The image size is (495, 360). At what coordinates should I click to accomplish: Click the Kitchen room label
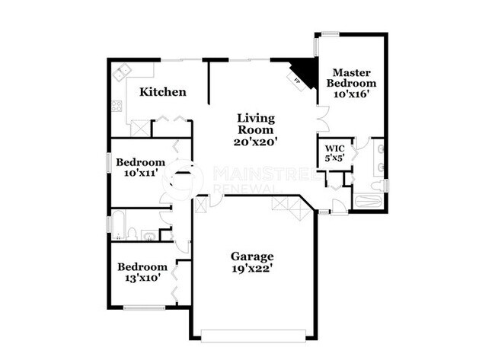tap(163, 92)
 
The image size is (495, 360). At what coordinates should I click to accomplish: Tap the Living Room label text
tap(254, 124)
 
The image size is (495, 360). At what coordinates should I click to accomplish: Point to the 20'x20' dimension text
tap(254, 141)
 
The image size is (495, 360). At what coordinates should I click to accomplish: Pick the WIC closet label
tap(334, 148)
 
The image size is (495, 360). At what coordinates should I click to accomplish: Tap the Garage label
tap(252, 256)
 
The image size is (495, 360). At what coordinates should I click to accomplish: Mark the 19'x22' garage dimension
tap(252, 268)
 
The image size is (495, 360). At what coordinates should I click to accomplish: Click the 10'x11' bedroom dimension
tap(140, 173)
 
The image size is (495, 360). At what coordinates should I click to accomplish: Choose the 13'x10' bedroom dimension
tap(142, 278)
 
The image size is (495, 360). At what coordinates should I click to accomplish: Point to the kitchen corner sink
tap(122, 74)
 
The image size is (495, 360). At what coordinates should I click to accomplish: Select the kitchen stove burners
tap(117, 106)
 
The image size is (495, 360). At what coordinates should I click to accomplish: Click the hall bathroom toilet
tap(130, 234)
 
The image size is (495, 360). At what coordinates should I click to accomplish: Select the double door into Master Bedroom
tap(321, 118)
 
